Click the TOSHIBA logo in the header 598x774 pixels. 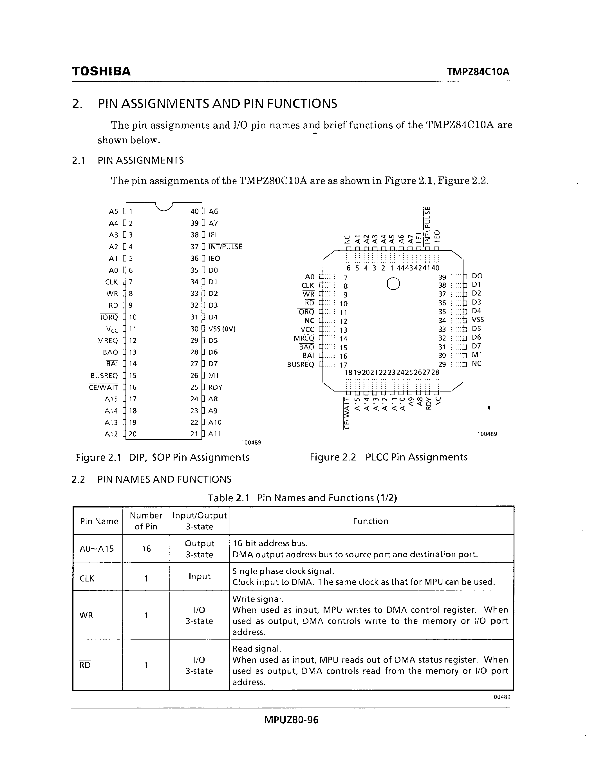(x=101, y=71)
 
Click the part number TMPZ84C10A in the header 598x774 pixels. (x=478, y=72)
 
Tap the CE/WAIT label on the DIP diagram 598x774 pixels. (x=104, y=387)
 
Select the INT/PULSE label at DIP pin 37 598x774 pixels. (x=225, y=247)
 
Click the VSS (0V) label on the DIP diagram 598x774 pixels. (x=222, y=329)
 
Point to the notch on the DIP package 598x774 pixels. (x=164, y=207)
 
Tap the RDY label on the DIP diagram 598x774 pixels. (x=215, y=387)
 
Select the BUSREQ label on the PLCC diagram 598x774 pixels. (x=301, y=364)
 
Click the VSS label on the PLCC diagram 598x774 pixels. (x=478, y=320)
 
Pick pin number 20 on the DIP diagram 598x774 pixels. (x=133, y=434)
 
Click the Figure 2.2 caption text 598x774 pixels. (x=388, y=457)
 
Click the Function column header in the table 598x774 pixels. (x=371, y=521)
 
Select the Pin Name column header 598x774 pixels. (x=99, y=521)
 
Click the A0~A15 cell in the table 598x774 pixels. (x=97, y=549)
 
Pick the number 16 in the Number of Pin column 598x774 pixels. (x=146, y=549)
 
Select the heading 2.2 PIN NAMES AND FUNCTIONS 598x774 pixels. (x=151, y=480)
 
